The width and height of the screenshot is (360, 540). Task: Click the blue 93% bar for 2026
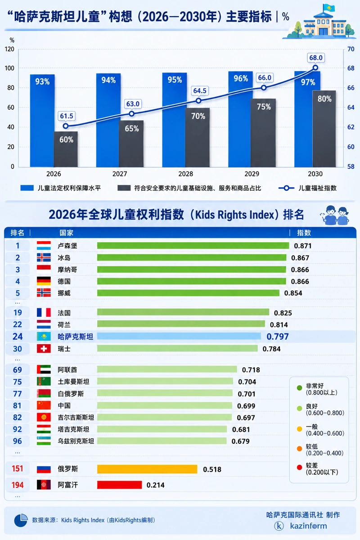click(42, 121)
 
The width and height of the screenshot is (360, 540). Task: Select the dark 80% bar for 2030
click(324, 129)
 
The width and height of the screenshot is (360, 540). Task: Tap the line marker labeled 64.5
click(198, 101)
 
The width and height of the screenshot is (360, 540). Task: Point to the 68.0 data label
click(316, 58)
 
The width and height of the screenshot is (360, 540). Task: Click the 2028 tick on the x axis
click(186, 174)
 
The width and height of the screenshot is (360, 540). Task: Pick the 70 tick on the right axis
click(351, 49)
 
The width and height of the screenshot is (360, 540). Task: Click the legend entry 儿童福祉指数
click(308, 188)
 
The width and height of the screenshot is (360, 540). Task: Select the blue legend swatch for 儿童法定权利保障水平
click(27, 188)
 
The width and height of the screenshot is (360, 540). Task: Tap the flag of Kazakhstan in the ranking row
click(44, 337)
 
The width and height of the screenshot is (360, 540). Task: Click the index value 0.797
click(278, 337)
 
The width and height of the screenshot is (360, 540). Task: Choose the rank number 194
click(18, 485)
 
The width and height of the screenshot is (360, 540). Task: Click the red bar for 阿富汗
click(119, 485)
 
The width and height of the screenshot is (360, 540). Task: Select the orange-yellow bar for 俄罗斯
click(147, 469)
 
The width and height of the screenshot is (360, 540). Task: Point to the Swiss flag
click(44, 349)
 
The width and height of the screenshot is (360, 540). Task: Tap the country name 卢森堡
click(67, 246)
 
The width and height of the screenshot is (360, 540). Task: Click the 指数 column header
click(304, 233)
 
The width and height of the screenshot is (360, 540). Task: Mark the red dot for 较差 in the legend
click(300, 468)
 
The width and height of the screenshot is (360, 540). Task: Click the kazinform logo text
click(308, 526)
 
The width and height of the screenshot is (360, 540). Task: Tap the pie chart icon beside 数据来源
click(21, 520)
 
